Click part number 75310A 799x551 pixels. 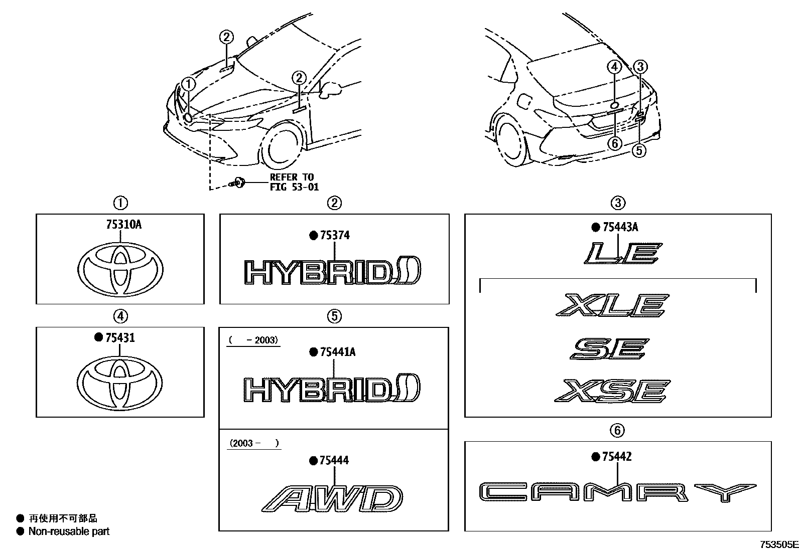pos(123,225)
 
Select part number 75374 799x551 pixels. pos(334,235)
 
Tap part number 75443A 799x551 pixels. pos(620,228)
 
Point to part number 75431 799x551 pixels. pos(119,338)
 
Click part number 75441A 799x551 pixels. pos(337,352)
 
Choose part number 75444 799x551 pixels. pos(334,460)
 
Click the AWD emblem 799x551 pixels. pos(332,498)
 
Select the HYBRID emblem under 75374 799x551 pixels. pos(332,272)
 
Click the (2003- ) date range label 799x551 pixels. pos(253,443)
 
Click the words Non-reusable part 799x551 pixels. pos(69,531)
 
